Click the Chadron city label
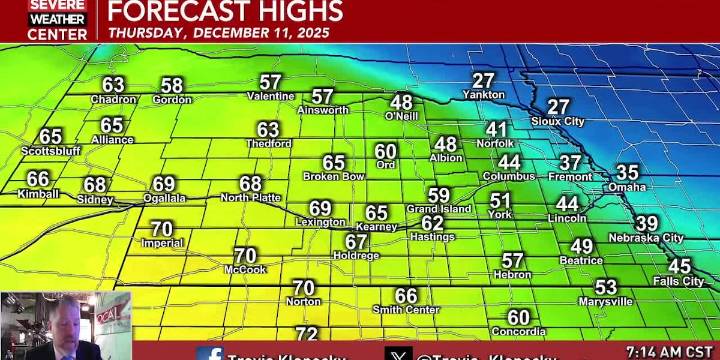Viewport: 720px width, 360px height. (113, 99)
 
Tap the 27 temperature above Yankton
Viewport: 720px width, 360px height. (484, 81)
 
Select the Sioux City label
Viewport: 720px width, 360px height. (558, 121)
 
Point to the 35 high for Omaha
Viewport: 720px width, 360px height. (627, 172)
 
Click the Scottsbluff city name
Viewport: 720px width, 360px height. (51, 151)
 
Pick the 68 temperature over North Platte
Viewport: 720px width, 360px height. (250, 183)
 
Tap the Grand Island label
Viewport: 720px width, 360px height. (438, 209)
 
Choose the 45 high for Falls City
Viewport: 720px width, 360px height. (679, 266)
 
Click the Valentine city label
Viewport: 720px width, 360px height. (271, 96)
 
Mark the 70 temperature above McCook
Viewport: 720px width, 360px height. (245, 255)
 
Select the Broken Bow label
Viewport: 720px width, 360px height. (334, 176)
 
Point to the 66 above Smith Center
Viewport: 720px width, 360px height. (406, 295)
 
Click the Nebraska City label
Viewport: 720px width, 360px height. (646, 238)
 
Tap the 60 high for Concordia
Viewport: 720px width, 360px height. (518, 317)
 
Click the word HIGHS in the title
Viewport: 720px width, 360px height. (291, 11)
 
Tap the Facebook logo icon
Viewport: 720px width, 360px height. (210, 354)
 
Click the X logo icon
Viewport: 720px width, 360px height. (398, 354)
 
